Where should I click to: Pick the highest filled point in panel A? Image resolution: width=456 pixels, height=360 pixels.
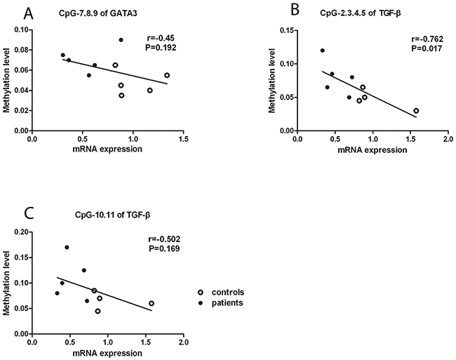(x=121, y=40)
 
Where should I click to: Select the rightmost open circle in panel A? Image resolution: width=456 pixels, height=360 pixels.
(x=167, y=75)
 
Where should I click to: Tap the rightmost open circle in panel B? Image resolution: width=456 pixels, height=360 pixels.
(x=416, y=111)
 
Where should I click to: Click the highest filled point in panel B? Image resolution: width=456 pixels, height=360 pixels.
(x=323, y=51)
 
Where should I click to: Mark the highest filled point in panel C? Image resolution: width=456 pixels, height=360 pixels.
(x=67, y=247)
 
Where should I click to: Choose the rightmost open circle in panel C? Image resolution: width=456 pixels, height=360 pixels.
(x=152, y=304)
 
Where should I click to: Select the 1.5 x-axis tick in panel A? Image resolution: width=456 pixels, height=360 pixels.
(x=183, y=140)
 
